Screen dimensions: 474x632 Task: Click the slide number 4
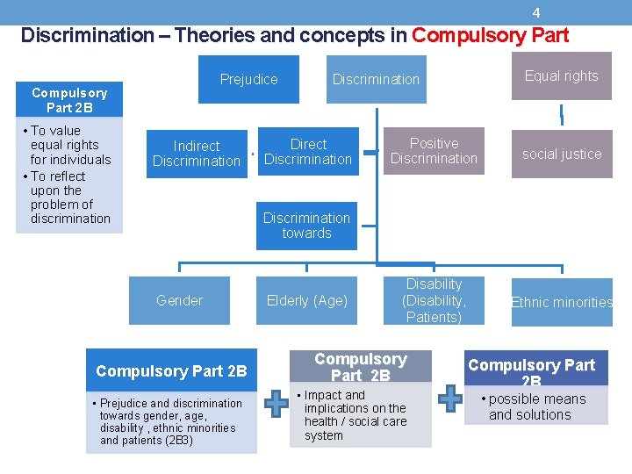(536, 13)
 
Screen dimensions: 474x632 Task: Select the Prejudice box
(248, 80)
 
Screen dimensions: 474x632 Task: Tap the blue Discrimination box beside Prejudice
(376, 80)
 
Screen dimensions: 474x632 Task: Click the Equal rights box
(561, 76)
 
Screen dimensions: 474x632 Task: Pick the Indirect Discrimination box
(197, 153)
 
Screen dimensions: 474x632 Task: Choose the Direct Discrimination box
(308, 151)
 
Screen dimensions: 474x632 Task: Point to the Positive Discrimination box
(434, 151)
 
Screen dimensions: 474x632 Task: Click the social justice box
(562, 154)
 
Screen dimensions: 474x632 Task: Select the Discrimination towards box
(306, 226)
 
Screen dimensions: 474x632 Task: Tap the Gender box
(179, 300)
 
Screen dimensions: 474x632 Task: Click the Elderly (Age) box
(306, 300)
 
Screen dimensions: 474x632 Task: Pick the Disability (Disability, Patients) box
(434, 300)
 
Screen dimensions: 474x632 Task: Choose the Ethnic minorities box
(562, 302)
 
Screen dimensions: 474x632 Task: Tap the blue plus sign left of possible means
(450, 398)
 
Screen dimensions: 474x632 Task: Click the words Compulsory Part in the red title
(490, 36)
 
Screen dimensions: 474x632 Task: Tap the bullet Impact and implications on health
(355, 415)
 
